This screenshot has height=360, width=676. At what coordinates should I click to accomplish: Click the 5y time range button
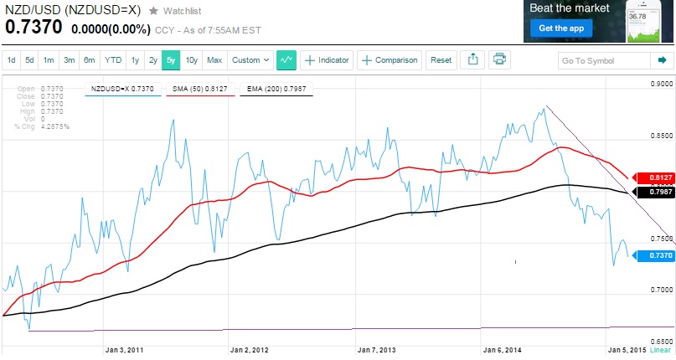pos(172,60)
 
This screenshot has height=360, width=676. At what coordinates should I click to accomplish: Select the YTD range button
pos(112,60)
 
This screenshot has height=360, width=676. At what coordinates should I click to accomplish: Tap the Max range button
pos(214,60)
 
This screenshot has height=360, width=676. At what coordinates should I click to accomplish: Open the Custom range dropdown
pos(250,60)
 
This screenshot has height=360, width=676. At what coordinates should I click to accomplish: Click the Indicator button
pos(327,60)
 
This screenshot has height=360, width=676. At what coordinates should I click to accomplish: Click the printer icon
pos(499,59)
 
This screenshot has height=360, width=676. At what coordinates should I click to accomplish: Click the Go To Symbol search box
pos(606,60)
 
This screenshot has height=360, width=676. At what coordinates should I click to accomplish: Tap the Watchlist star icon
pos(153,11)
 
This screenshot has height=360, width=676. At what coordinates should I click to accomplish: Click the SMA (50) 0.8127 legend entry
pos(200,87)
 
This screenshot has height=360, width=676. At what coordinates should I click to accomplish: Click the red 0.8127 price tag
pos(654,178)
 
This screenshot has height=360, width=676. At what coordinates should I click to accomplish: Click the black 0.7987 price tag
pos(654,192)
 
